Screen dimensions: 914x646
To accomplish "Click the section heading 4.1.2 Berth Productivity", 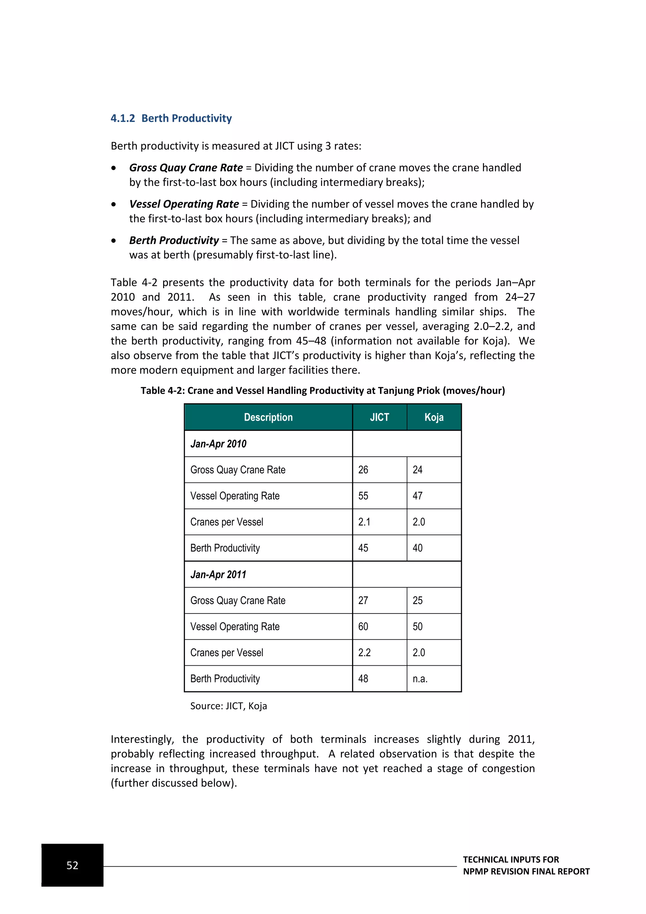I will point(171,118).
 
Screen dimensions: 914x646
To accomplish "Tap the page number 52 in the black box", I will point(73,865).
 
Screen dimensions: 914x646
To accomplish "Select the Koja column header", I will point(434,417).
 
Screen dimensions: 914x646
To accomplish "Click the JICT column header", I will point(379,417).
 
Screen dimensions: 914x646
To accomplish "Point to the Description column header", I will point(268,417).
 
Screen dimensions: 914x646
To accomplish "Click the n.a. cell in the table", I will point(420,679).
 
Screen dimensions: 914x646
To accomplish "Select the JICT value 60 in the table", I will point(363,626).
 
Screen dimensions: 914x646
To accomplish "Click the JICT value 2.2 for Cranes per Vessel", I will point(364,652).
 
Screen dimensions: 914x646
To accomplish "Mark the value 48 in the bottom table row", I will point(363,679).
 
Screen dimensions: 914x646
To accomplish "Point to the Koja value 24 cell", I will point(417,470).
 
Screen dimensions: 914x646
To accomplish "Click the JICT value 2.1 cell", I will point(364,522).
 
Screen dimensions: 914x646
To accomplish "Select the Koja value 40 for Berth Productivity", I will point(417,548).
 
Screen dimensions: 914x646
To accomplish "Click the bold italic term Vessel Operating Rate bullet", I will point(184,204).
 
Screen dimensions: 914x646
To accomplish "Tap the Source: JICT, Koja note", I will point(228,706).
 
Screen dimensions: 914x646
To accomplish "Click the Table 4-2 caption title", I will point(323,390).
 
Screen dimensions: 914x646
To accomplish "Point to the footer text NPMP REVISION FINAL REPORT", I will point(526,871).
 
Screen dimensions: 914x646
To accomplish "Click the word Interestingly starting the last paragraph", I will point(142,739).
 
